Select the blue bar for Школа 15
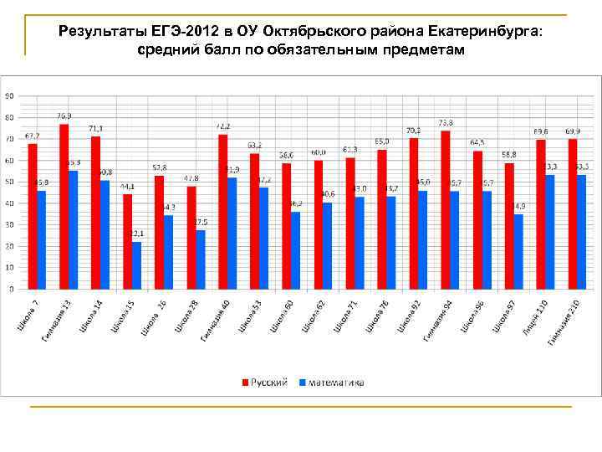click(x=136, y=265)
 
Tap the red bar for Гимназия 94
click(x=446, y=209)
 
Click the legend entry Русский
click(x=265, y=383)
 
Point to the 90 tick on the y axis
click(x=9, y=95)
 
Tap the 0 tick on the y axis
click(x=11, y=289)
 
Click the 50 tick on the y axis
click(x=9, y=182)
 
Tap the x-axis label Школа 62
click(x=314, y=316)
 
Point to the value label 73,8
click(x=446, y=122)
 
